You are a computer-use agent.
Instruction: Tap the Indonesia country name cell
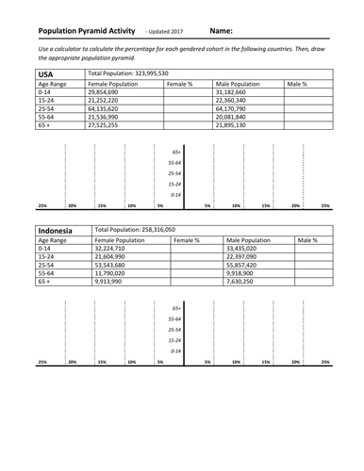click(59, 230)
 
